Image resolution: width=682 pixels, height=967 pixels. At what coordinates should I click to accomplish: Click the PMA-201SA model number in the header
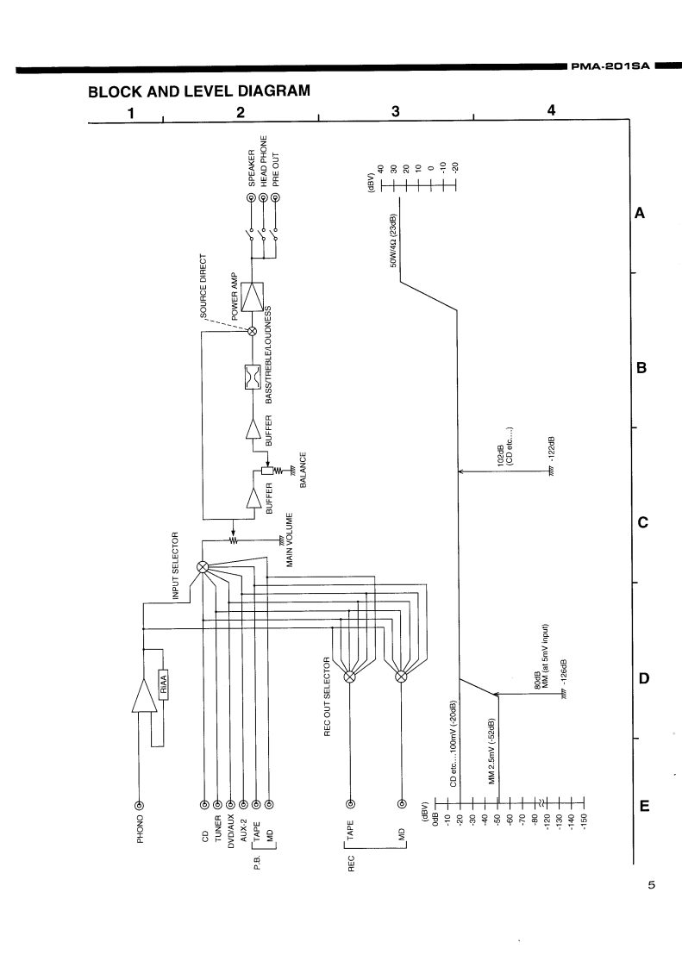click(x=608, y=66)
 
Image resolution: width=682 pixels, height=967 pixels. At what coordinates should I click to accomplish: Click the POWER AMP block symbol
click(x=253, y=298)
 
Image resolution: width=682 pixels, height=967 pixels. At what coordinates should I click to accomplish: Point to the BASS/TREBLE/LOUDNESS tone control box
click(x=253, y=377)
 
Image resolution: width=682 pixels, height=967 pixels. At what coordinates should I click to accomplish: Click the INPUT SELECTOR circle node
click(x=203, y=566)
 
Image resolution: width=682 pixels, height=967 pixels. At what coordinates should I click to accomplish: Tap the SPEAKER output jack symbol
click(x=252, y=199)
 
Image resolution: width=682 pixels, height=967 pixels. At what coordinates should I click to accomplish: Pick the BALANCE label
click(x=303, y=470)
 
